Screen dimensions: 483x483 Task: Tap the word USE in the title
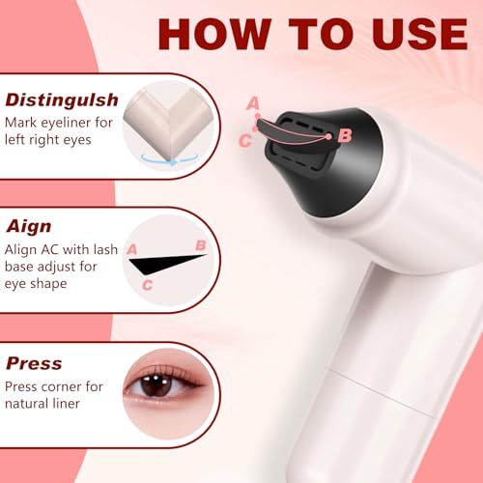point(410,33)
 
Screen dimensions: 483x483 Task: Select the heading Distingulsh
point(62,99)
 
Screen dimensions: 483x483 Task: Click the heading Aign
point(29,227)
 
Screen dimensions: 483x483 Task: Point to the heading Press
point(34,364)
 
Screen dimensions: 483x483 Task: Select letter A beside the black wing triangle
point(132,248)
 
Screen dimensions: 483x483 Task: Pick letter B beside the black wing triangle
point(201,245)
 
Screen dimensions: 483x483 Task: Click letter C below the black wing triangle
point(147,284)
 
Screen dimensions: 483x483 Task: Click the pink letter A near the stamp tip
point(253,103)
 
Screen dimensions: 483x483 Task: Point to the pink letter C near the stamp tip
point(245,141)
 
